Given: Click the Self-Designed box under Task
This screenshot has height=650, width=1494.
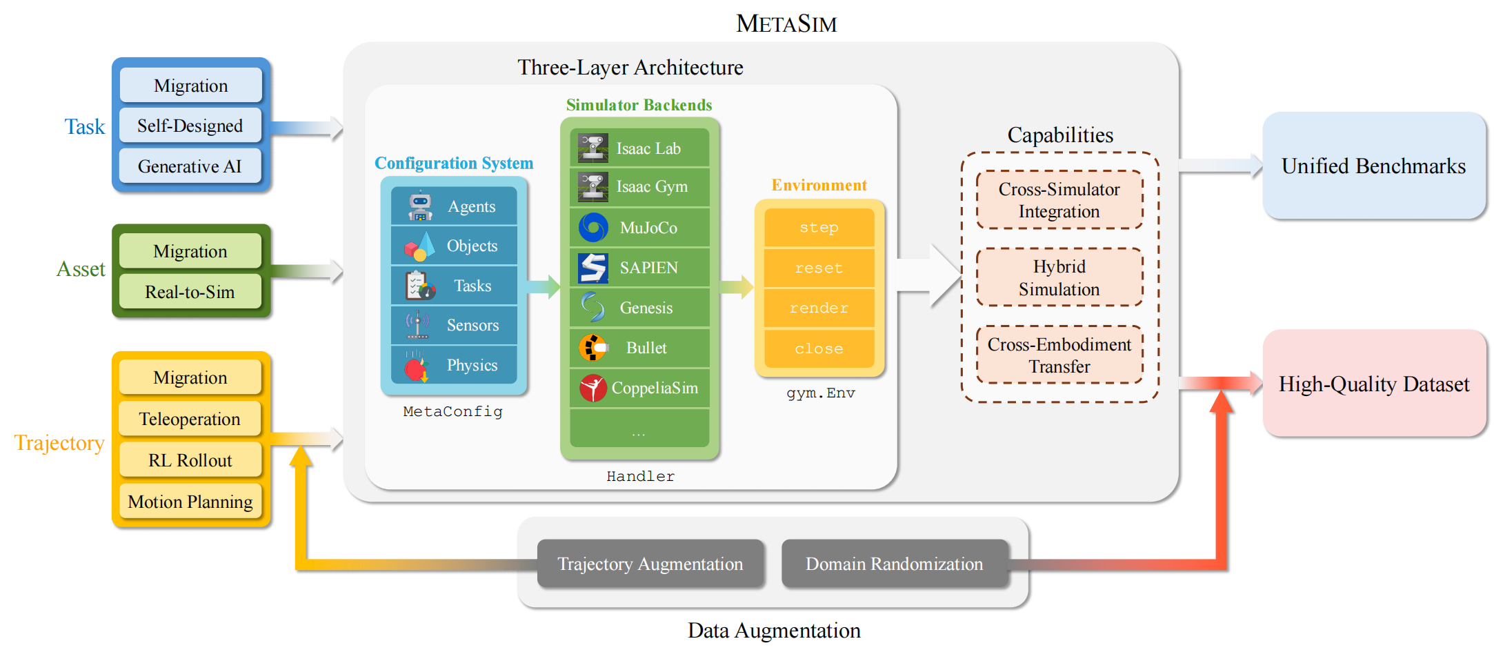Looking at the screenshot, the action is (x=190, y=126).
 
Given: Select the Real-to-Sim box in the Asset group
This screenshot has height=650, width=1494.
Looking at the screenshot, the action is (x=190, y=292).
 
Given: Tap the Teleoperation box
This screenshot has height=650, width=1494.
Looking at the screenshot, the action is (x=190, y=419).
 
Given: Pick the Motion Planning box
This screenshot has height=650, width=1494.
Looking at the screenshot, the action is (x=190, y=502).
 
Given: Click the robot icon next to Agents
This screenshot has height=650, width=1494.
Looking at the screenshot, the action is (x=420, y=206).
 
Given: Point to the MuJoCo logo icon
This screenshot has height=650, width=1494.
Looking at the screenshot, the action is (x=593, y=227).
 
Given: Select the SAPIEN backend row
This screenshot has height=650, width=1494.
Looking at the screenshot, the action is (x=639, y=268).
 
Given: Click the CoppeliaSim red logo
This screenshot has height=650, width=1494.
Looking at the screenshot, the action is (x=593, y=388).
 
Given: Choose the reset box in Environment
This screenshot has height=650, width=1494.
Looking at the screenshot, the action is (x=819, y=268).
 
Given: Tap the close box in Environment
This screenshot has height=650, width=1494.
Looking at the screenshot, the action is (x=819, y=348).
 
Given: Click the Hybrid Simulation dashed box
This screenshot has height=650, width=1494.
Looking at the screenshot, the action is (x=1059, y=277).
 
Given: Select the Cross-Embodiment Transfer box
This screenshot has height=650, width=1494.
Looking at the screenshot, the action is (x=1059, y=355).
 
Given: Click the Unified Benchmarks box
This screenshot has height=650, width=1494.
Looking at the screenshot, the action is (x=1374, y=166).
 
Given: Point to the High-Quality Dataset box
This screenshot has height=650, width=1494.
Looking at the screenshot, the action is (x=1374, y=383).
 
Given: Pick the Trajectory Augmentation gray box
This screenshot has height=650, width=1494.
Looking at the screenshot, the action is (x=650, y=564).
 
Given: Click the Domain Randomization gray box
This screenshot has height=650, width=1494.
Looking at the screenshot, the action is (x=895, y=564).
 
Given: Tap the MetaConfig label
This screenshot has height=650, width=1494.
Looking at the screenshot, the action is (x=453, y=411).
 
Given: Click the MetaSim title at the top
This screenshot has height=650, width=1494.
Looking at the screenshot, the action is (x=786, y=23).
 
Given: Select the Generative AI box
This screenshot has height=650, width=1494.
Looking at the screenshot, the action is (x=190, y=166).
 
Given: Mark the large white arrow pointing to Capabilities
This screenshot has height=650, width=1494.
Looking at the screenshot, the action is (x=930, y=275).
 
